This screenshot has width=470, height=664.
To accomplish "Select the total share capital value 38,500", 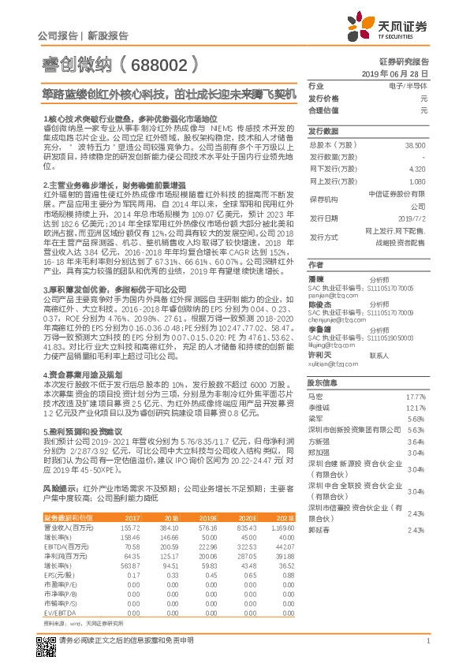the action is tap(415, 146).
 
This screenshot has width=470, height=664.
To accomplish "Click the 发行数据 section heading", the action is tap(323, 131).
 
